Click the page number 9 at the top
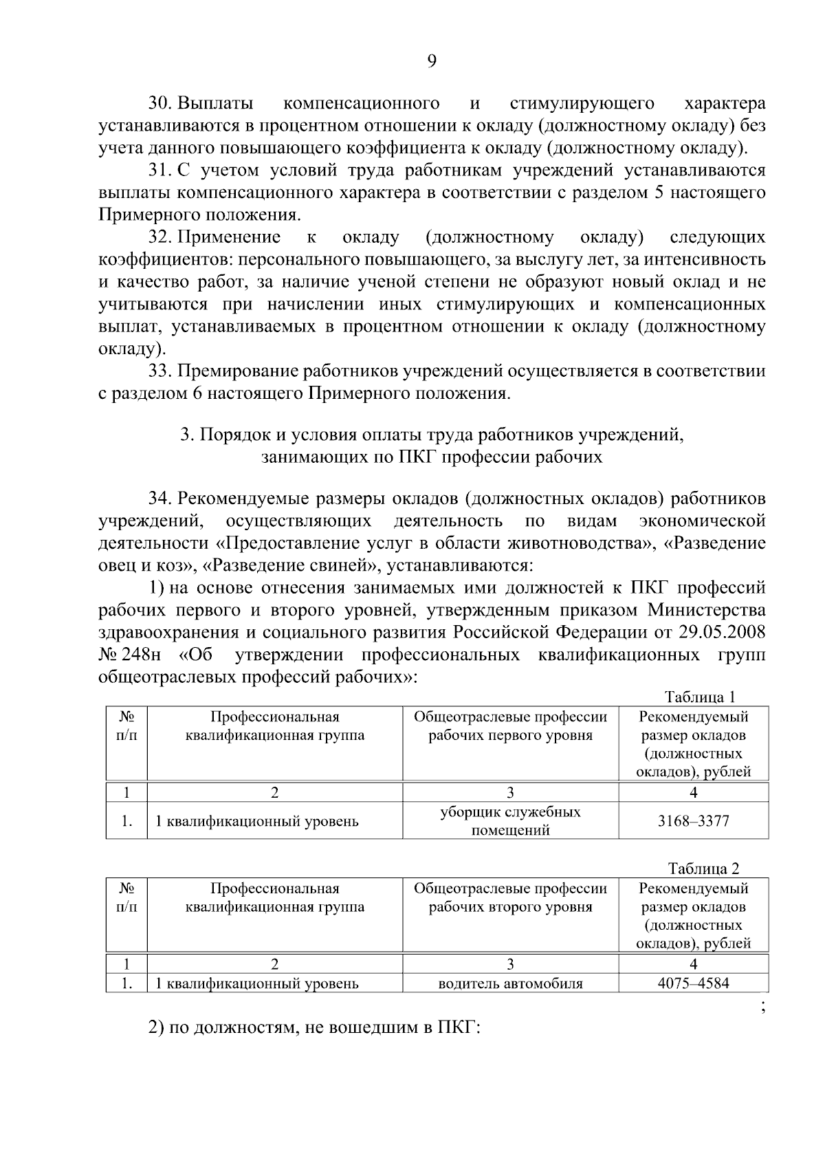click(432, 62)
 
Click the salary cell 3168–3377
click(693, 821)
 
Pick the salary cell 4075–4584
click(693, 983)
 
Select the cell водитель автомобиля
click(510, 983)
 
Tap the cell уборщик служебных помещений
click(510, 821)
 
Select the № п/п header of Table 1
click(126, 726)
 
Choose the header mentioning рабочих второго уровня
click(510, 897)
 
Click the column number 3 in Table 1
click(510, 792)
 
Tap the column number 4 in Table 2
click(693, 963)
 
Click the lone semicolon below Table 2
click(762, 1008)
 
